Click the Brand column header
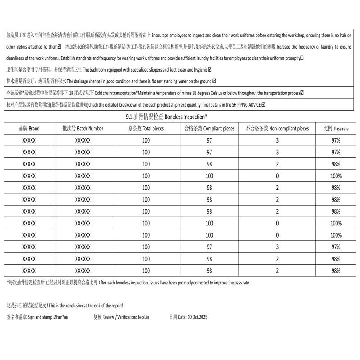tap(29, 129)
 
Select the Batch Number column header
tap(83, 129)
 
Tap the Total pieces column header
tap(146, 129)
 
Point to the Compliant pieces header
tap(209, 129)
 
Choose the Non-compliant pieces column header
tap(277, 129)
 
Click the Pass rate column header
tap(336, 129)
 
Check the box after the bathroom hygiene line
tap(210, 70)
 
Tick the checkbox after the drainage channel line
tap(214, 81)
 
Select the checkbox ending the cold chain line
tap(302, 93)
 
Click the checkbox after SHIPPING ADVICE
tap(264, 105)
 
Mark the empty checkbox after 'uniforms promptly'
tap(302, 58)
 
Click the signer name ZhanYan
tap(60, 317)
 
